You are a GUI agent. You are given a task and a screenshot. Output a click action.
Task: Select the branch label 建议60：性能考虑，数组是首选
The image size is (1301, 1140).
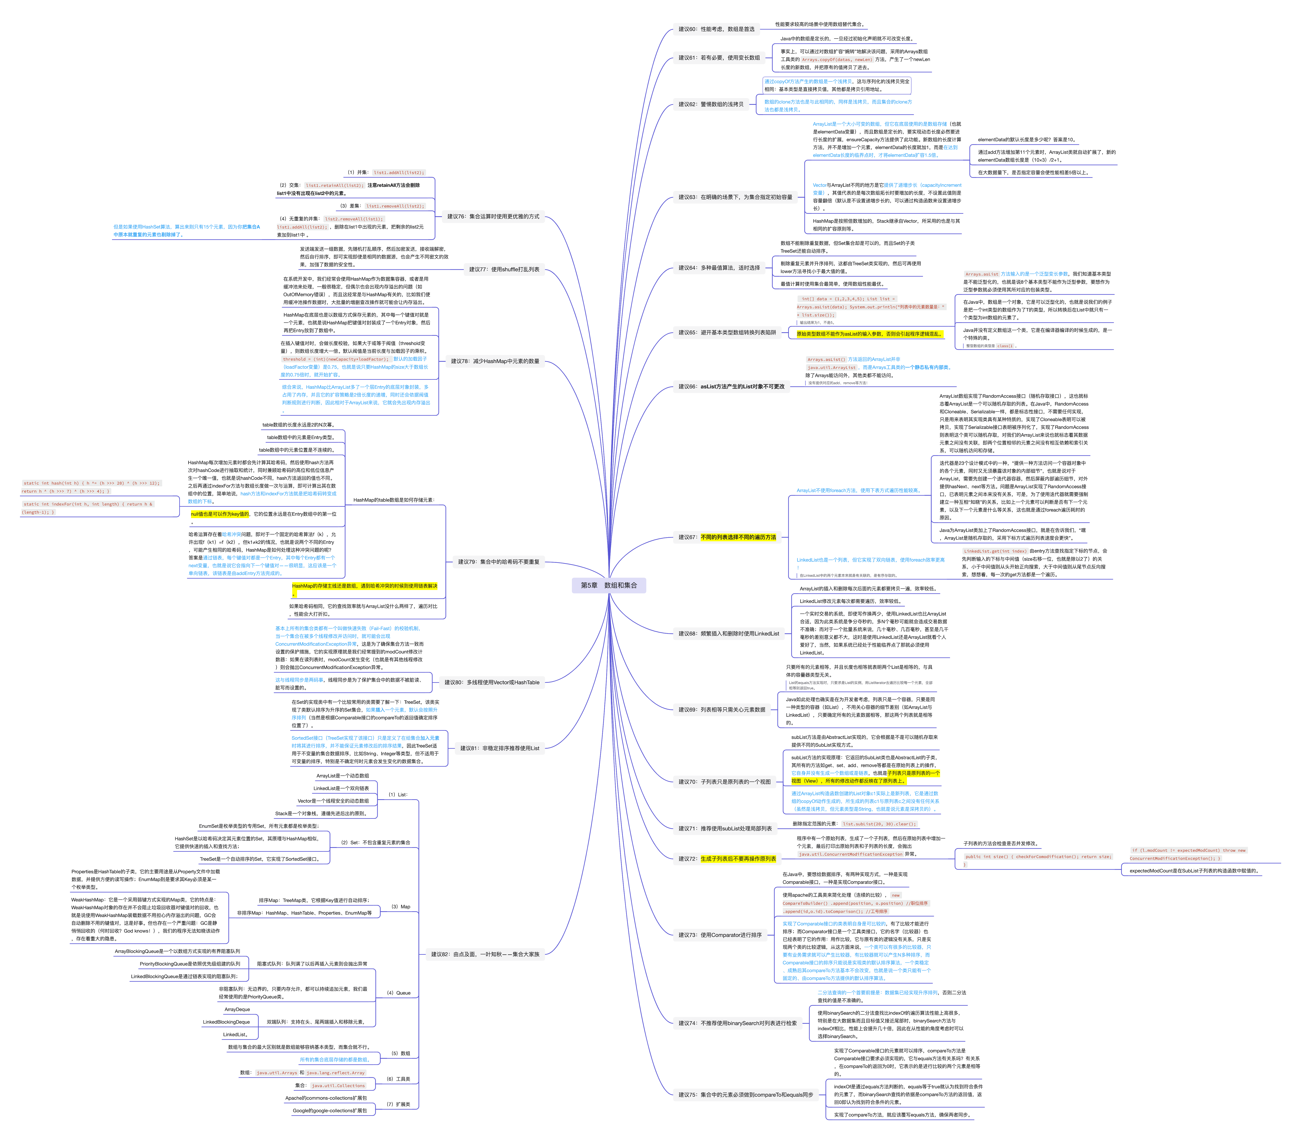point(716,29)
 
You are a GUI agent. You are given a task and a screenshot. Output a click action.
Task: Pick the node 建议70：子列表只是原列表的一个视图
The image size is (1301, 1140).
point(724,782)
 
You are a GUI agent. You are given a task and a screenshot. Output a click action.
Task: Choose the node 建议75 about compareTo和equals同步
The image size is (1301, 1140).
point(746,1095)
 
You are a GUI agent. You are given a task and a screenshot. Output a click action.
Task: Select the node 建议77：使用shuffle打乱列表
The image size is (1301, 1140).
point(504,269)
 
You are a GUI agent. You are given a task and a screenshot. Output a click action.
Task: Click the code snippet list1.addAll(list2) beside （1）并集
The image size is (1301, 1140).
point(399,172)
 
